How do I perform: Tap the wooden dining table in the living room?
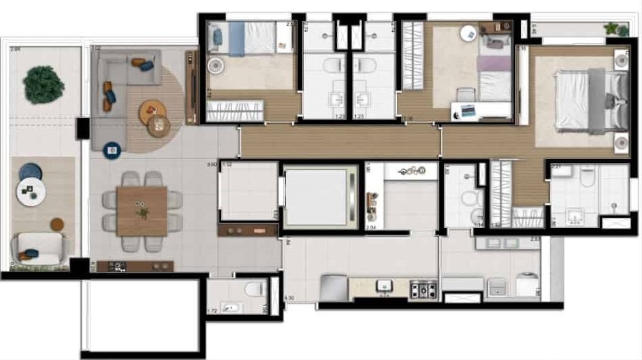(x=142, y=211)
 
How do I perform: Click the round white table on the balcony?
(x=31, y=193)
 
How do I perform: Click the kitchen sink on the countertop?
(x=386, y=287)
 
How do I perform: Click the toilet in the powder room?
(x=255, y=289)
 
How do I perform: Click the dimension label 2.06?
(x=15, y=49)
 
